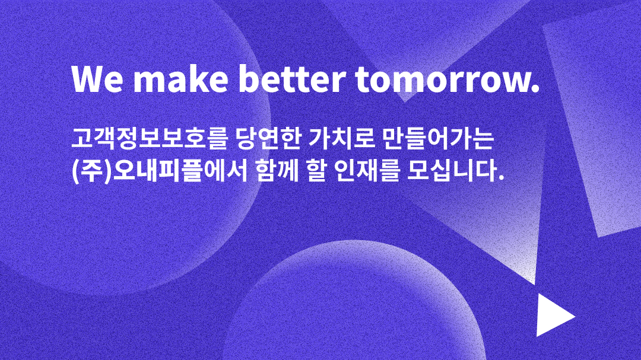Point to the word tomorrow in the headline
tap(440, 79)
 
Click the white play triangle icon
tap(553, 315)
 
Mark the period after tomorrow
tap(534, 90)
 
